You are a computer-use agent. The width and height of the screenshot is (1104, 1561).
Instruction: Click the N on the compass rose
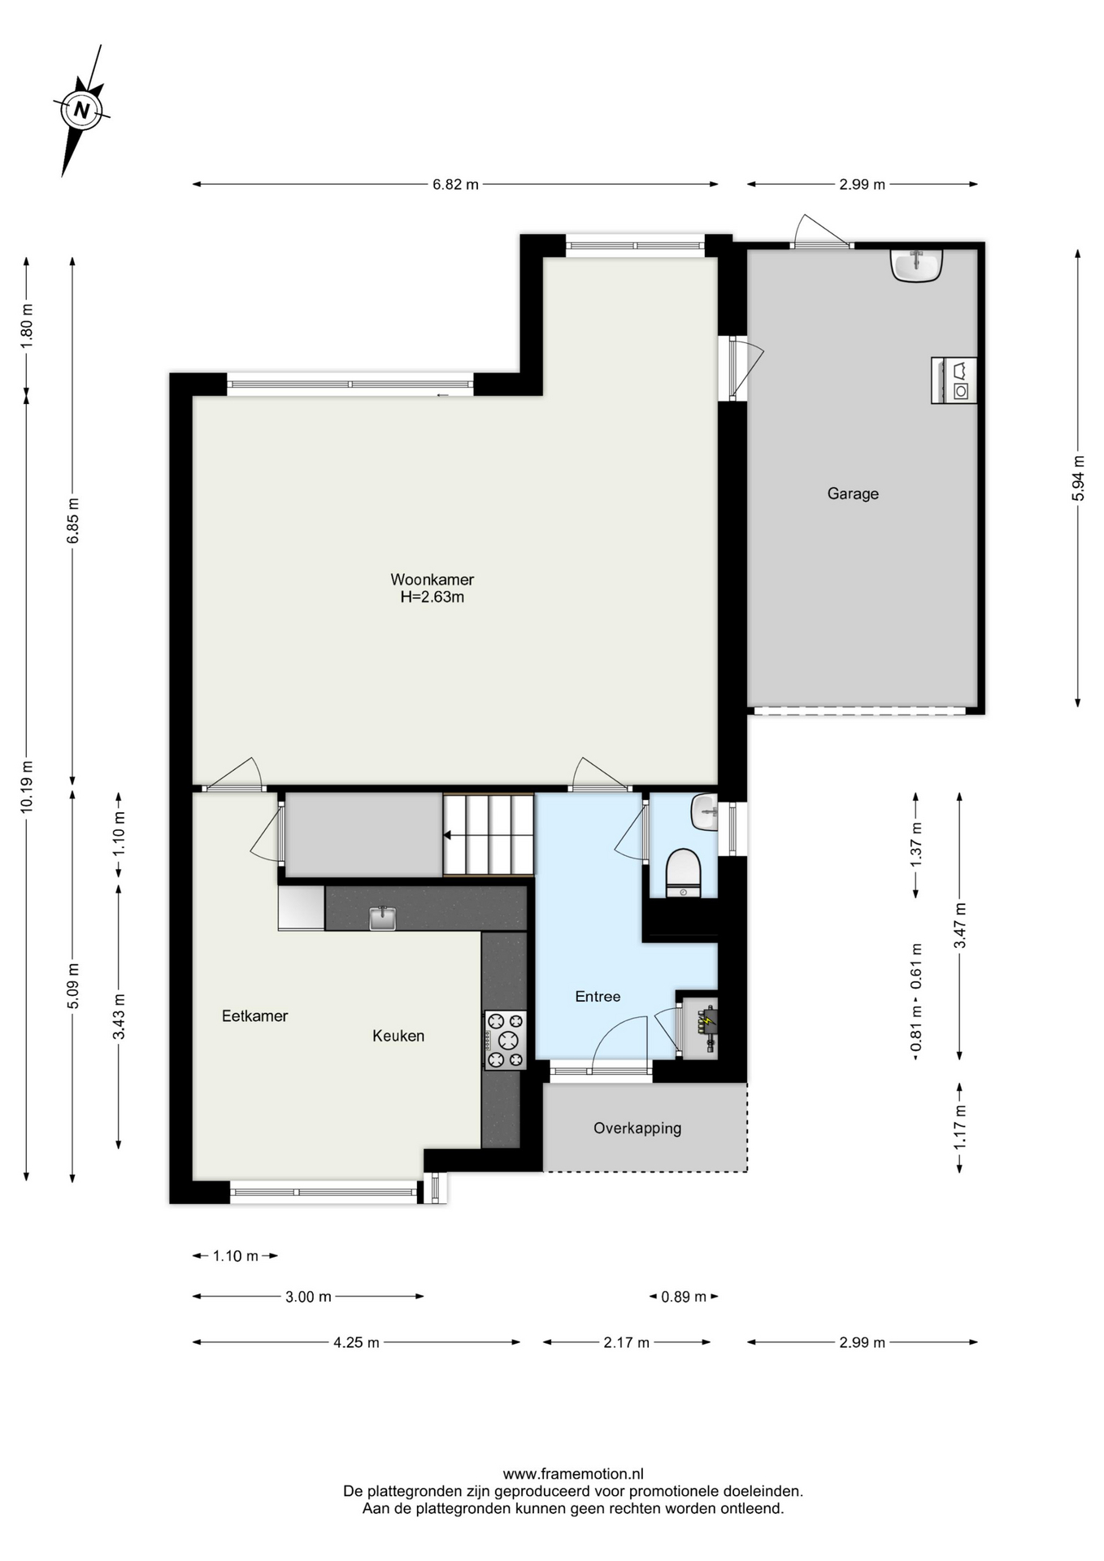(81, 110)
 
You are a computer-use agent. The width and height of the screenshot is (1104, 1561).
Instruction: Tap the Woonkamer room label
(432, 580)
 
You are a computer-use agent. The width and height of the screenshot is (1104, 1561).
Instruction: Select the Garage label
(853, 494)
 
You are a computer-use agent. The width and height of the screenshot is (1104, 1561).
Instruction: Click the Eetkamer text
(254, 1015)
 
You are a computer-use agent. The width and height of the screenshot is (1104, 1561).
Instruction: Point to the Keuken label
(398, 1036)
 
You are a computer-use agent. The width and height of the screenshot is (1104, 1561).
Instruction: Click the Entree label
(598, 997)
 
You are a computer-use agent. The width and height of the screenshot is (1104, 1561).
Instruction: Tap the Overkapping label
(637, 1128)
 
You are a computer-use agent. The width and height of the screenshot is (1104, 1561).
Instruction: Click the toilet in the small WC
(683, 873)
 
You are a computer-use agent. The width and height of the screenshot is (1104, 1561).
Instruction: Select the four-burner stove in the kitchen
(505, 1040)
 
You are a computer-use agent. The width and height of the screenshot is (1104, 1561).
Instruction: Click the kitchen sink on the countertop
(382, 918)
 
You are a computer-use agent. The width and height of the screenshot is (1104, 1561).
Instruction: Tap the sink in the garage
(916, 264)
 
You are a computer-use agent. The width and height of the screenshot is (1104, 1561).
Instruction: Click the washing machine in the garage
(954, 380)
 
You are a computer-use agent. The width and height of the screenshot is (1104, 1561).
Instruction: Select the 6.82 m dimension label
(455, 185)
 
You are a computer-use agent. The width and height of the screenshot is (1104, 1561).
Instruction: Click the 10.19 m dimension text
(27, 786)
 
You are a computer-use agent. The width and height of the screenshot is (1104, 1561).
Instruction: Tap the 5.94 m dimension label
(1078, 478)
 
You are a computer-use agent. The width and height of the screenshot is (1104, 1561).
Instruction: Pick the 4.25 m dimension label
(356, 1342)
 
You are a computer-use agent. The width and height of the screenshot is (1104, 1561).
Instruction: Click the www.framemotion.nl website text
(573, 1474)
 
